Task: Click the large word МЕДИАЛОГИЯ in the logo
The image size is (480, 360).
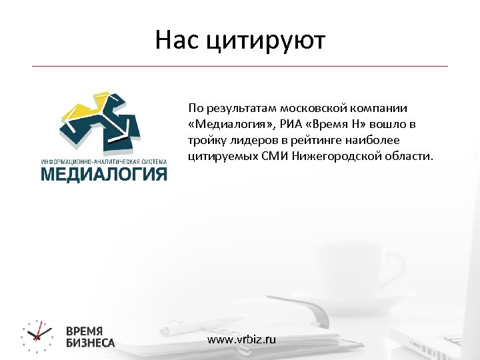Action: tap(103, 175)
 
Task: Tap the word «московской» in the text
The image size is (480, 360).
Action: tap(309, 108)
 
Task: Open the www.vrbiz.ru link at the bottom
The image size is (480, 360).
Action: tap(241, 339)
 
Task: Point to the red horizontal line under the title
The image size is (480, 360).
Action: tap(240, 66)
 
